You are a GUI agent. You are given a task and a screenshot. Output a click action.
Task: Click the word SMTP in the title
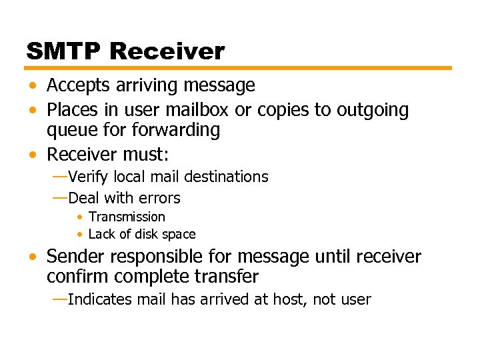[x=63, y=51]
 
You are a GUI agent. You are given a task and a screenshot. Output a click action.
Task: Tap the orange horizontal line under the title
[x=239, y=68]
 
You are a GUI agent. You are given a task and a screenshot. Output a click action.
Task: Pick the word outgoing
[x=370, y=110]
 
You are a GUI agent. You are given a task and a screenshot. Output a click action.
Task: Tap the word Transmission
[x=127, y=217]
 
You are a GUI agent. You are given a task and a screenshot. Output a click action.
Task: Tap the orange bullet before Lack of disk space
[x=79, y=235]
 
